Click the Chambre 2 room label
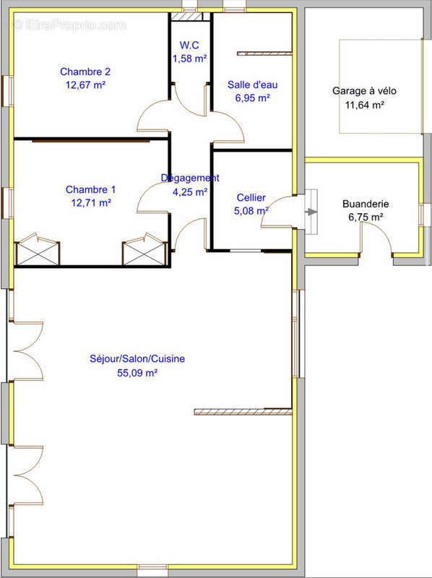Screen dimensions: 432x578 (x=85, y=72)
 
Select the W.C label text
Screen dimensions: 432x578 (x=189, y=46)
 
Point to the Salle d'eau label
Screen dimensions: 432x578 (x=253, y=85)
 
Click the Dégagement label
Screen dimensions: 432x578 (x=190, y=178)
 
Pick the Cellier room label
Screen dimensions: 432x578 (x=251, y=198)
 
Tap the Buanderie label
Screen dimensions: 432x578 (x=366, y=204)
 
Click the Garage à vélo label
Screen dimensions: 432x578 (x=365, y=91)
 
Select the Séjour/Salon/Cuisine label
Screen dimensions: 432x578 (x=137, y=358)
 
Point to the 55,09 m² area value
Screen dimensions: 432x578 (x=137, y=373)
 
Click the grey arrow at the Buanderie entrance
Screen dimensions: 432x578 (x=312, y=212)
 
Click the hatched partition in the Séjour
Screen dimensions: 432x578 (x=243, y=412)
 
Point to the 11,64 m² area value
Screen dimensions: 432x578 (x=365, y=105)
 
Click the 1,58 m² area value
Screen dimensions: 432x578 (x=189, y=59)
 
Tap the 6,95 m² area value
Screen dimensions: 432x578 (x=253, y=98)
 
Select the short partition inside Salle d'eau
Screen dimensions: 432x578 (x=264, y=53)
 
